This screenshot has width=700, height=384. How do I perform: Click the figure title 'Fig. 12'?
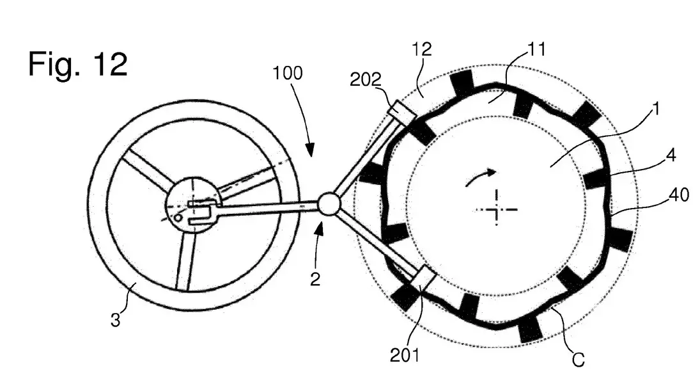(78, 64)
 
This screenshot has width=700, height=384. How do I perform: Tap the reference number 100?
(288, 73)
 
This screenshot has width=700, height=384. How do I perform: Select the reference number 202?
(366, 79)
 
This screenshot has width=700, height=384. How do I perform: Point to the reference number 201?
(405, 355)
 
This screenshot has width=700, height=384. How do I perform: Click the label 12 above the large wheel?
(421, 49)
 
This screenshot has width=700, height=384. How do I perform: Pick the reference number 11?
(536, 49)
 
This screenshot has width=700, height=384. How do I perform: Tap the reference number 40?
(679, 195)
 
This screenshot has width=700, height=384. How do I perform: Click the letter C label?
(578, 360)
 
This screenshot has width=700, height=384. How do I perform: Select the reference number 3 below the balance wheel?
(116, 320)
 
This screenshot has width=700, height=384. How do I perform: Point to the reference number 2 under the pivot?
(315, 280)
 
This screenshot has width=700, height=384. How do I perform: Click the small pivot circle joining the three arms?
(329, 204)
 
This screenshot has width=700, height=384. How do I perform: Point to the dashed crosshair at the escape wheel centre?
(497, 209)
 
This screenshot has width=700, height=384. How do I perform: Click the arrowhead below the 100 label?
(310, 150)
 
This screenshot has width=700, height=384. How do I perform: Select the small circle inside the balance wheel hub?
(178, 218)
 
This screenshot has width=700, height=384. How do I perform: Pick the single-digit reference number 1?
(655, 109)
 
